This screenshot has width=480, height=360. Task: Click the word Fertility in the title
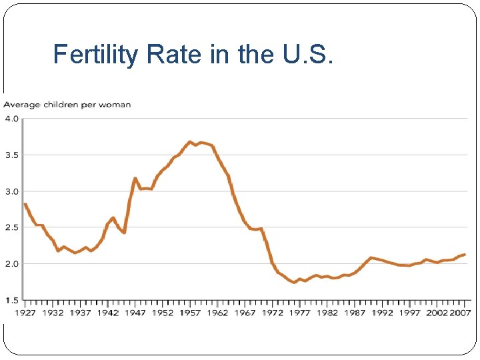[x=97, y=54]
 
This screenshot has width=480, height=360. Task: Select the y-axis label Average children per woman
[x=67, y=105]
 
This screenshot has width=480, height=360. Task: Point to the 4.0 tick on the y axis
[x=12, y=119]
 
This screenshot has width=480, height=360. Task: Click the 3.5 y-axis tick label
[x=12, y=155]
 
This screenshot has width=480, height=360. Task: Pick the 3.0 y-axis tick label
[x=12, y=192]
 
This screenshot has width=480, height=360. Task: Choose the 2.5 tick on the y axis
[x=12, y=228]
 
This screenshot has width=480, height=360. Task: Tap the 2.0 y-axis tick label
[x=12, y=264]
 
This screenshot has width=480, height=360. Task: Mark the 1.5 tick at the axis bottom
[x=12, y=300]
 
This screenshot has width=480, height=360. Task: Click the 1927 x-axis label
[x=25, y=313]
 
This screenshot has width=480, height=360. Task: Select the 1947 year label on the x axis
[x=135, y=313]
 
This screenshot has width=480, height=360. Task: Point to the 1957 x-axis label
[x=190, y=313]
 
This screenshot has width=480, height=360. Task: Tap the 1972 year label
[x=272, y=313]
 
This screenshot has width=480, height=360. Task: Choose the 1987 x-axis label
[x=355, y=313]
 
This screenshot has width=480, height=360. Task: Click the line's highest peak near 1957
[x=190, y=141]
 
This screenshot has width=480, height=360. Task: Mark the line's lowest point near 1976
[x=294, y=283]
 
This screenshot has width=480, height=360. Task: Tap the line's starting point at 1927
[x=25, y=204]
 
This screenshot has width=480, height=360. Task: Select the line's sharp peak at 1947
[x=135, y=178]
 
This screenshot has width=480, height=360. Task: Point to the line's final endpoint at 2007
[x=464, y=254]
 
